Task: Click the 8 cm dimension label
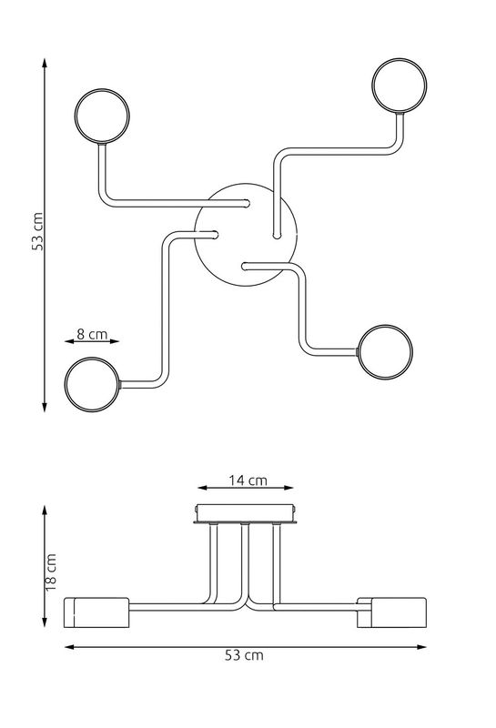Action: pos(92,334)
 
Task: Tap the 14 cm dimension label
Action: pos(248,480)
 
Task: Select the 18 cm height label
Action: pos(51,572)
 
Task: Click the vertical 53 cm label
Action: pos(37,231)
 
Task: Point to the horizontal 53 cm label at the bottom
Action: pos(244,655)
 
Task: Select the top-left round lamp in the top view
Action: pos(102,89)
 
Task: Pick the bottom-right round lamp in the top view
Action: pos(385,325)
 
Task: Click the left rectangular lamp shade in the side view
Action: pos(96,612)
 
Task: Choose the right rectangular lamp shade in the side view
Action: pos(391,612)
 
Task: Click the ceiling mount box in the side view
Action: pos(246,514)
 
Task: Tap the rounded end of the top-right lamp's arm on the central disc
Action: pos(277,235)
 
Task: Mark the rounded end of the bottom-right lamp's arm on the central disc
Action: pos(246,266)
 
